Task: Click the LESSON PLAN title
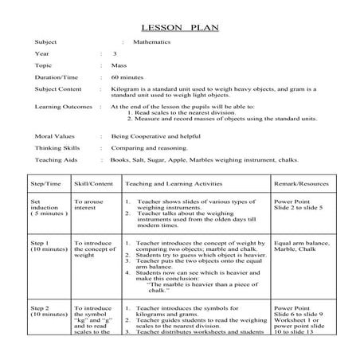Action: [x=179, y=26]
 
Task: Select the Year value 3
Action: [x=115, y=53]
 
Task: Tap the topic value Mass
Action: [x=118, y=65]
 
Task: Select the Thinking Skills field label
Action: [x=56, y=147]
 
